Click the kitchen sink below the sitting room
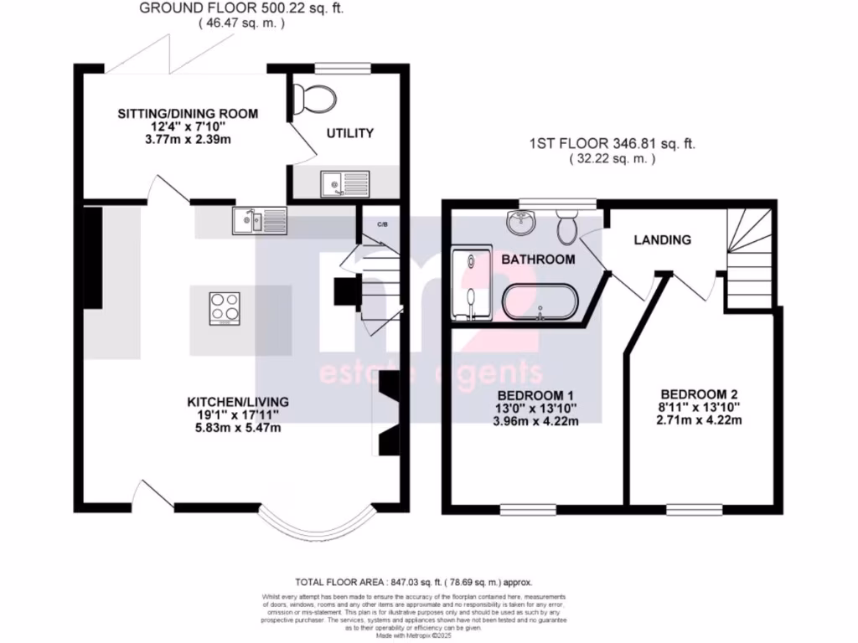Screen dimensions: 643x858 pyautogui.click(x=250, y=220)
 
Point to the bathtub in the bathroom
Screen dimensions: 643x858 pyautogui.click(x=540, y=302)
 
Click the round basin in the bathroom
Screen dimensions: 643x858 pyautogui.click(x=520, y=222)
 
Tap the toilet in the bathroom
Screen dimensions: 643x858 pyautogui.click(x=567, y=224)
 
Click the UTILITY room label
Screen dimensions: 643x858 pyautogui.click(x=349, y=133)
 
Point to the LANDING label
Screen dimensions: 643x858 pyautogui.click(x=662, y=239)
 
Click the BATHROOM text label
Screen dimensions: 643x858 pyautogui.click(x=538, y=260)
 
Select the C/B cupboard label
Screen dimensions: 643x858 pyautogui.click(x=382, y=224)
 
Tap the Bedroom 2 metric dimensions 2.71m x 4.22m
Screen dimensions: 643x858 pyautogui.click(x=700, y=420)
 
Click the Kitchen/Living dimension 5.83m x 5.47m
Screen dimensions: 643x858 pyautogui.click(x=232, y=428)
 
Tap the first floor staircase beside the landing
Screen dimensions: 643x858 pyautogui.click(x=747, y=260)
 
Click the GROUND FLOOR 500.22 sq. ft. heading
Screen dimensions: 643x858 pyautogui.click(x=241, y=8)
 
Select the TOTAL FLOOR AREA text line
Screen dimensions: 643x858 pyautogui.click(x=413, y=582)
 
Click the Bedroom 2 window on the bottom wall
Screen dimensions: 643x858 pyautogui.click(x=695, y=508)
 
